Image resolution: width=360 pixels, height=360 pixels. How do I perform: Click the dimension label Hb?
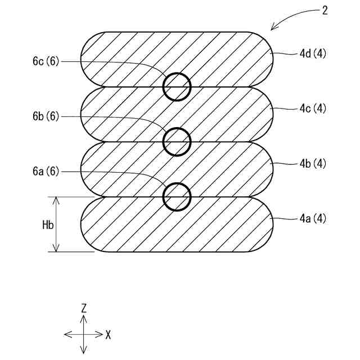pos(48,224)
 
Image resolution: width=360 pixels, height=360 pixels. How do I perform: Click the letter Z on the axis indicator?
pos(84,308)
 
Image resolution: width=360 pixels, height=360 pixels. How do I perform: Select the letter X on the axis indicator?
pos(107,335)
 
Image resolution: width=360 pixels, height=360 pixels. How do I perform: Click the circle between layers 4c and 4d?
pos(177,87)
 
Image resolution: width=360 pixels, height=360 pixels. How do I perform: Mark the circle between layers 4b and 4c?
pos(177,141)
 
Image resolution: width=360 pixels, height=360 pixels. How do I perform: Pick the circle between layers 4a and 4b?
pos(177,196)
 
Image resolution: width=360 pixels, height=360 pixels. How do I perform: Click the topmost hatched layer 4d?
pos(129,56)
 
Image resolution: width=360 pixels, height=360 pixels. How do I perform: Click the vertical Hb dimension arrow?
pos(56,236)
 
